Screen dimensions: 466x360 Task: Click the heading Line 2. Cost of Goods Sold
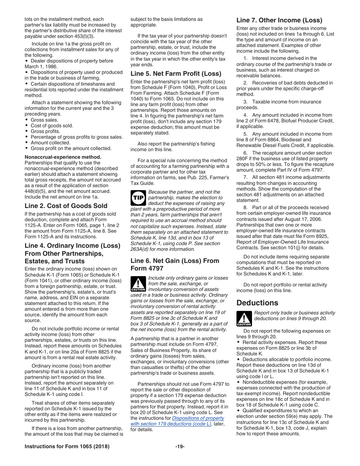pyautogui.click(x=66, y=206)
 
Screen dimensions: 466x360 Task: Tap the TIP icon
pyautogui.click(x=138, y=198)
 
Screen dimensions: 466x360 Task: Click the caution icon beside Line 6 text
pyautogui.click(x=138, y=284)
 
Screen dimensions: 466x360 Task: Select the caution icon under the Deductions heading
pyautogui.click(x=244, y=319)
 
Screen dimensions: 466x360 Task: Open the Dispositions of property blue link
pyautogui.click(x=198, y=418)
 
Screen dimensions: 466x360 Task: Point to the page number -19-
pyautogui.click(x=180, y=447)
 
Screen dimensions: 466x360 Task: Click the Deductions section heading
pyautogui.click(x=257, y=303)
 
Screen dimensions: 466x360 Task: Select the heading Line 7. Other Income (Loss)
pyautogui.click(x=279, y=20)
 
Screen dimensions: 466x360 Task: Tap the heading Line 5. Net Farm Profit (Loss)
pyautogui.click(x=176, y=73)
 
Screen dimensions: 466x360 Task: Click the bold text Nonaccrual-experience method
pyautogui.click(x=63, y=157)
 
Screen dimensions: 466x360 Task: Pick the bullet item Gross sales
pyautogui.click(x=44, y=120)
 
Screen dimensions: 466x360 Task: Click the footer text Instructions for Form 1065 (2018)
pyautogui.click(x=67, y=447)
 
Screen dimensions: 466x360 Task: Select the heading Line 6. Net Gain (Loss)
pyautogui.click(x=175, y=261)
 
